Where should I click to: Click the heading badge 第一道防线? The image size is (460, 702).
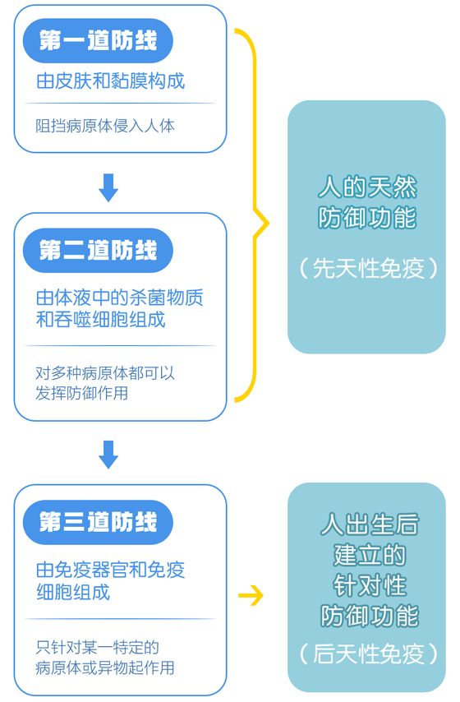coord(98,41)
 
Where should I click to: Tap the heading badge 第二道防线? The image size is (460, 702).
coord(98,250)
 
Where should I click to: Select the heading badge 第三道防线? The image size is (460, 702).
coord(98,522)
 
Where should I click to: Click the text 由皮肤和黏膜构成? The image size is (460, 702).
coord(111,81)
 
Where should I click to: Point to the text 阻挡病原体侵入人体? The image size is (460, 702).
coord(105,126)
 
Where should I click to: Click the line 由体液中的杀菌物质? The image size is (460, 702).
coord(119,298)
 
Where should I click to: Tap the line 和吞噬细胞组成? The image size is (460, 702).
coord(101,320)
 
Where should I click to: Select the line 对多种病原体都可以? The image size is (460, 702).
coord(105,373)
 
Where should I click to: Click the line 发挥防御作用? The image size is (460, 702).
coord(82,393)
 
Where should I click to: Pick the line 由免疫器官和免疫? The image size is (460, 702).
coord(111,570)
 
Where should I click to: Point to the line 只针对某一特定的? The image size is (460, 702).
coord(98,648)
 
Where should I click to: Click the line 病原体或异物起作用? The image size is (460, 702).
coord(105,667)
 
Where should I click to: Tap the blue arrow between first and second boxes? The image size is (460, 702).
coord(108,187)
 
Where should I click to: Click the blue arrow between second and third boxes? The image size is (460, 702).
coord(108,455)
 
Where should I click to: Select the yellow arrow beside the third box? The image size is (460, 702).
coord(251,595)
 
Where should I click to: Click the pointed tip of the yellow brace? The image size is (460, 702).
coord(269,223)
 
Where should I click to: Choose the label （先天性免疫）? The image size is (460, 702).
coord(368,269)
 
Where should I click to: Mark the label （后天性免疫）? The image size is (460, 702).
coord(368,654)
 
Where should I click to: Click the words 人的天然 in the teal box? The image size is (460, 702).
coord(367,187)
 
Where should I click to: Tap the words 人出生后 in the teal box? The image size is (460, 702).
coord(370,524)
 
